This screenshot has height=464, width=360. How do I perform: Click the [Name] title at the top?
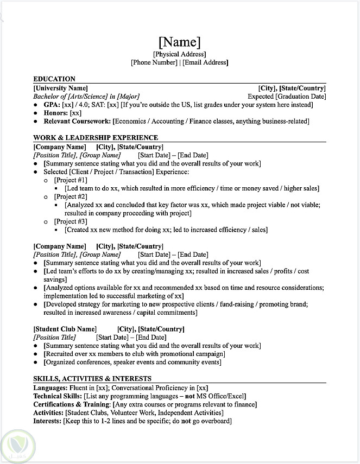click(x=180, y=41)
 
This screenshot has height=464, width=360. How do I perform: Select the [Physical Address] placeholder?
click(x=180, y=54)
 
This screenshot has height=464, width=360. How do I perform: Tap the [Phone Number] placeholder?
click(x=154, y=62)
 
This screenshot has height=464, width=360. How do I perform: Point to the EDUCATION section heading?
click(x=54, y=79)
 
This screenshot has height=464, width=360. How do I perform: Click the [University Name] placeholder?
click(x=60, y=88)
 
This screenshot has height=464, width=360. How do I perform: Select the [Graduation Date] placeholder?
click(x=300, y=97)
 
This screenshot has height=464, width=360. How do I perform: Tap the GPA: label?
click(x=52, y=105)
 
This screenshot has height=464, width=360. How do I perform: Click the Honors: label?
click(x=56, y=113)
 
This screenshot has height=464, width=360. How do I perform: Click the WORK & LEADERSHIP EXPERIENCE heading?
click(x=96, y=138)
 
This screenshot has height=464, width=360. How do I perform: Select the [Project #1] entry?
click(x=71, y=180)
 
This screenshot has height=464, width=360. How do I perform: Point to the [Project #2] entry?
click(x=71, y=196)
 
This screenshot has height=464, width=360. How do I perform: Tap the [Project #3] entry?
click(x=71, y=221)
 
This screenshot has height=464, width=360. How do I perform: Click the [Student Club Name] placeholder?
click(x=65, y=329)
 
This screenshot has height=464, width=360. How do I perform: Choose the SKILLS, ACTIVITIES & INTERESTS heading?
click(x=92, y=378)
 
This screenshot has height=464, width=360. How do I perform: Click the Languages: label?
click(x=50, y=387)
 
